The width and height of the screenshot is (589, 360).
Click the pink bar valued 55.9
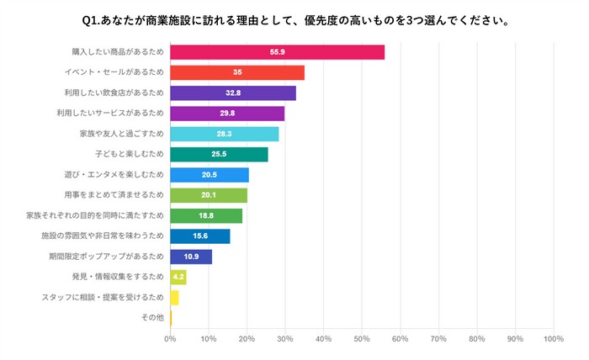coord(277,52)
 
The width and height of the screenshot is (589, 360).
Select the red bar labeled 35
coord(237,72)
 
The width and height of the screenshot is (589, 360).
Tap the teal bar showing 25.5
coord(219,154)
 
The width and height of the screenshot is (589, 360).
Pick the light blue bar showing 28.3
coord(224,134)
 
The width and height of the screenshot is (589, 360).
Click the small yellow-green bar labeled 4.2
coord(178,277)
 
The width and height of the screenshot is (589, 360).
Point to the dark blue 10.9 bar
coord(191,257)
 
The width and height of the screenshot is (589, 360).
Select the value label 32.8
coord(237,93)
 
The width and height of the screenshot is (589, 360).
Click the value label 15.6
coord(201,236)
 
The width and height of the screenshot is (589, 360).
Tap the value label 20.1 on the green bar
coord(209,195)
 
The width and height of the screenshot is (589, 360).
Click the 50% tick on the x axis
coord(362,339)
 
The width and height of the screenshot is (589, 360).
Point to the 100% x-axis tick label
coord(553,339)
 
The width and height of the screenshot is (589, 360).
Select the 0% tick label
coord(170,339)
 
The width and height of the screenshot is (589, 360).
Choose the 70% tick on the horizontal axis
coord(438,339)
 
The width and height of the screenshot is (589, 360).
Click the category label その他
coord(151,318)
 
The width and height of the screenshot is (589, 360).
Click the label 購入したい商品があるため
coord(118,52)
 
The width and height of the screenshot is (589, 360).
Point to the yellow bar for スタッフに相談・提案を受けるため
coord(174,298)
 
